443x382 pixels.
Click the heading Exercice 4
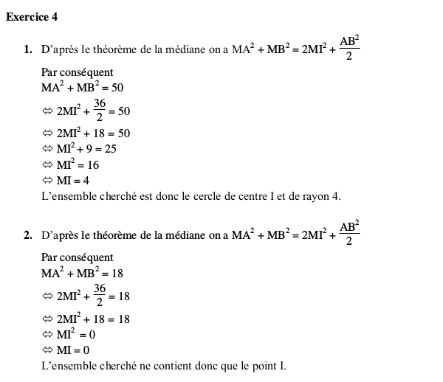coord(31,16)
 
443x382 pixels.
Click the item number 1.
coord(27,51)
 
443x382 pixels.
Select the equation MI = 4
coord(74,180)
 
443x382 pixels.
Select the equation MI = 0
coord(74,350)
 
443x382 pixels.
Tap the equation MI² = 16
coord(78,164)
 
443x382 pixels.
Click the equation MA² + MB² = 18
coord(82,274)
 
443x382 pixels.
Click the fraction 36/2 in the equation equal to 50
coord(100,111)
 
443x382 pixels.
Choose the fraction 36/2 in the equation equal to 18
coord(100,296)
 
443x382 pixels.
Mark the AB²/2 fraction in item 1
coord(349,50)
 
